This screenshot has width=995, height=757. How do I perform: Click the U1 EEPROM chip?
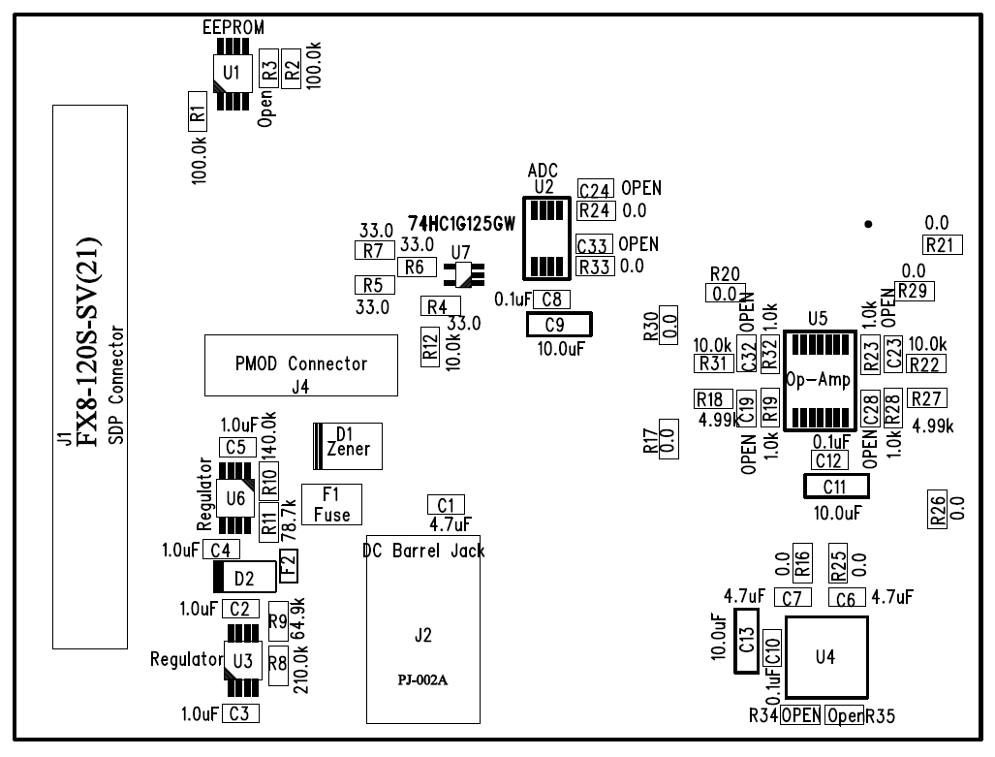click(231, 72)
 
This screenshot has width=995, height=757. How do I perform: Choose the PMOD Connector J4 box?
click(301, 365)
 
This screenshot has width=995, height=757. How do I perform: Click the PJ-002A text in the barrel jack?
click(421, 678)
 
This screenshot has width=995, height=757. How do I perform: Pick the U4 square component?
click(824, 656)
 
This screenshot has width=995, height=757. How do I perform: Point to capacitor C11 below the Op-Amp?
click(834, 486)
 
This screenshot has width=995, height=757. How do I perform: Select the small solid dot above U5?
click(868, 224)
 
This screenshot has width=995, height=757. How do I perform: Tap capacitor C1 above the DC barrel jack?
click(446, 504)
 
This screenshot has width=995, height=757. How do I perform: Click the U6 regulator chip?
click(233, 499)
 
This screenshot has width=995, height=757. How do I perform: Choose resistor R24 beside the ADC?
click(595, 210)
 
